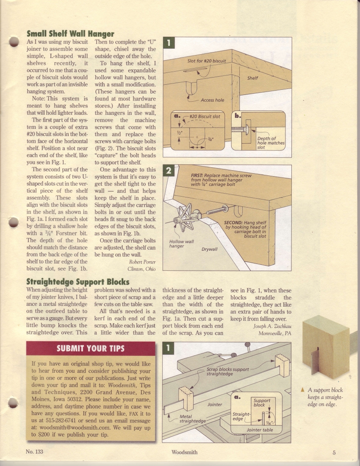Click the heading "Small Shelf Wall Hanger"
pos(70,33)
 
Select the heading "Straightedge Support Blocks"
pos(78,281)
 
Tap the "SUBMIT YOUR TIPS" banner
pos(91,348)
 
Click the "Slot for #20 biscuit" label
pos(207,61)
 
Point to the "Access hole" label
pos(212,100)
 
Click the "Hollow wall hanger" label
pos(182,244)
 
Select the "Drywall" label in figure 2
pos(209,249)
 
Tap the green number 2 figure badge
pos(169,171)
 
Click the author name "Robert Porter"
pos(142,262)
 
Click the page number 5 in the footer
pos(334,452)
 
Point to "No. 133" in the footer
pos(34,452)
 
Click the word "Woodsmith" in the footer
pos(184,452)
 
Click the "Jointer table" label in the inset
pos(260,430)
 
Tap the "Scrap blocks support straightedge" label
pos(227,372)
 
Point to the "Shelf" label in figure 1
pos(252,78)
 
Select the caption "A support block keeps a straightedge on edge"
pos(325,397)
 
